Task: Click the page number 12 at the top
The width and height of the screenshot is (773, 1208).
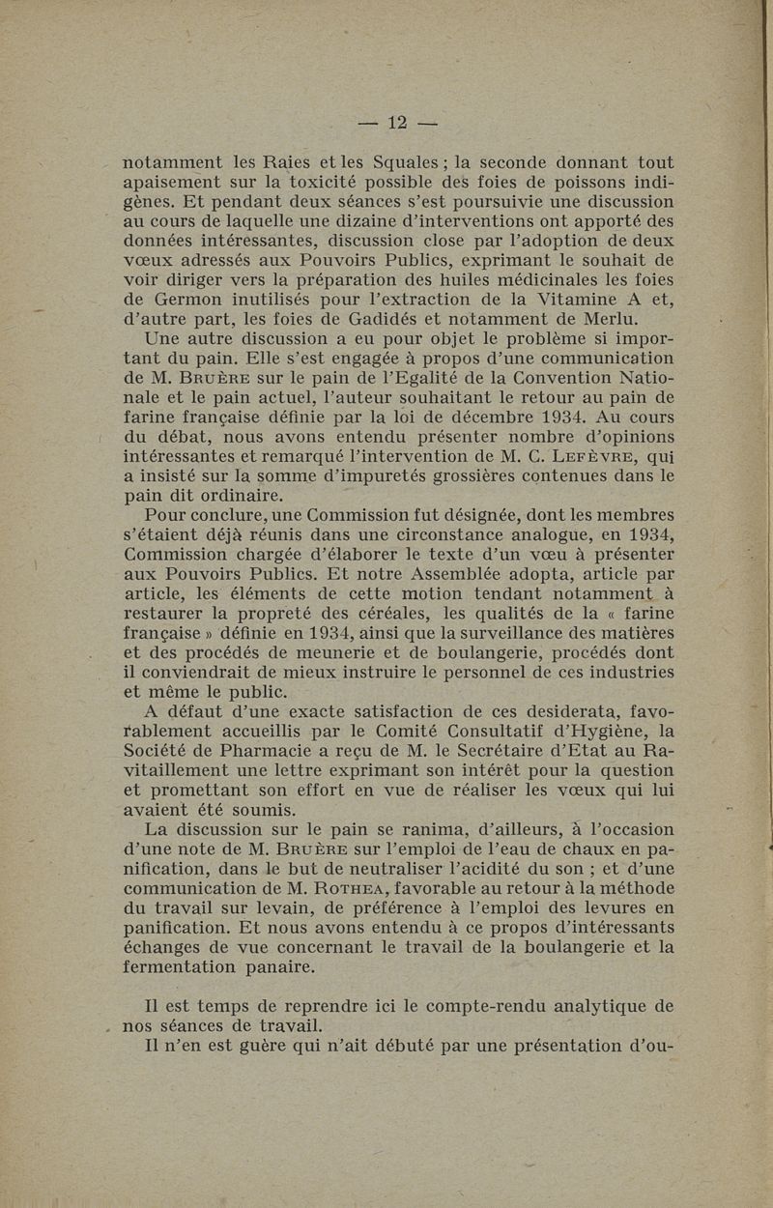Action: (398, 123)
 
